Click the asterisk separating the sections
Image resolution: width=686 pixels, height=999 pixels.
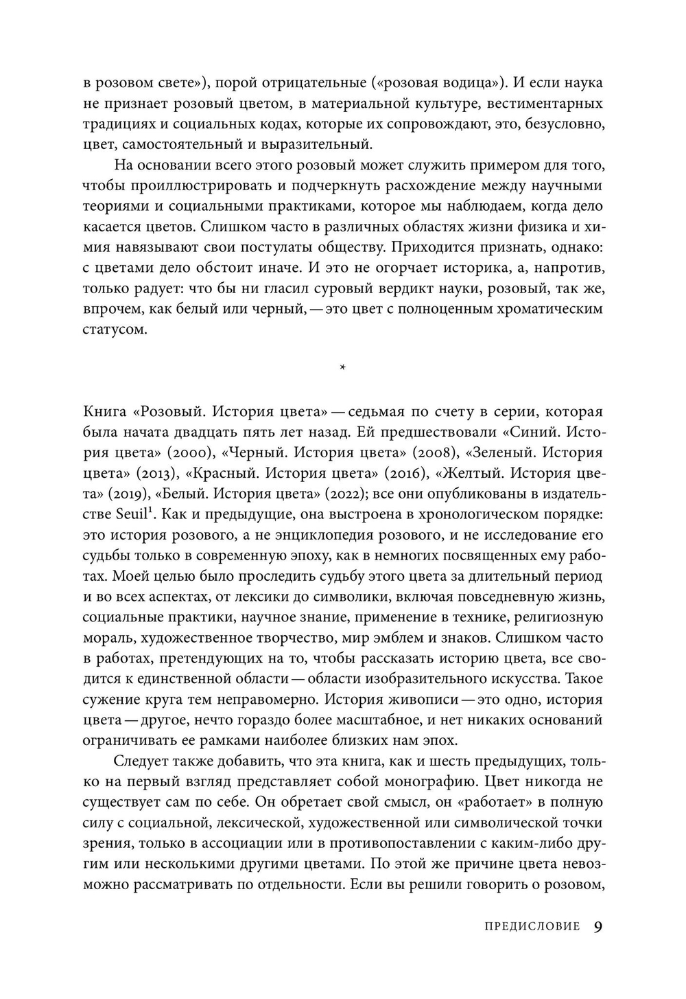point(343,369)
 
